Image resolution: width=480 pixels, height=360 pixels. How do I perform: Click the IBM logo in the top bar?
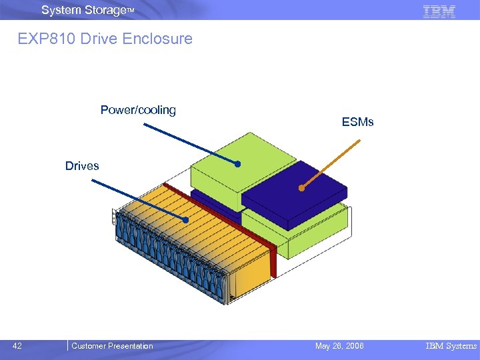[439, 11]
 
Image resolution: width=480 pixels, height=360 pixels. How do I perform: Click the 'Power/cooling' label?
[138, 110]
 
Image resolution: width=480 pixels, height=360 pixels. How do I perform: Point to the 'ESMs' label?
[357, 122]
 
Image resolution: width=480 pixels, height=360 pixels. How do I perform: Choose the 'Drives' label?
[82, 166]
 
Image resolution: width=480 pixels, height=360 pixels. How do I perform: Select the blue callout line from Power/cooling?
[191, 143]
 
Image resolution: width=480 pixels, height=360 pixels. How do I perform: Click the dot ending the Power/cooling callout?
[237, 163]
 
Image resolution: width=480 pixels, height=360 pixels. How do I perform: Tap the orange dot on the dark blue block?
[301, 188]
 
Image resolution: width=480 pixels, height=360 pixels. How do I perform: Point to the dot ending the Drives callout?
[187, 219]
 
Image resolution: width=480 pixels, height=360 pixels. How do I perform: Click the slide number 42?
[17, 346]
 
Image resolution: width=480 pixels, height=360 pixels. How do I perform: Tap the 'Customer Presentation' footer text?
[112, 346]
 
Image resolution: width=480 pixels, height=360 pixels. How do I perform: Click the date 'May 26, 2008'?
[339, 346]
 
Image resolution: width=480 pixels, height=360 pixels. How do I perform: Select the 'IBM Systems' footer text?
[451, 346]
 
